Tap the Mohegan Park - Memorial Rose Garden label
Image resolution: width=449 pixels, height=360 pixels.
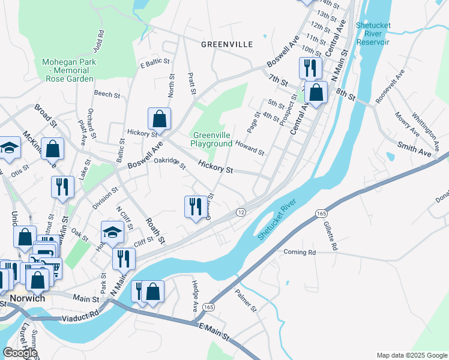[x=68, y=70]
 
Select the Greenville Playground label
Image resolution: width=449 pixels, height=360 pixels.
[x=211, y=140]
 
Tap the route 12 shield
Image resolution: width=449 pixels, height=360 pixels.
[x=241, y=212]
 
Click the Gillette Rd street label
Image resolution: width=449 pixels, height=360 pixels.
[x=330, y=235]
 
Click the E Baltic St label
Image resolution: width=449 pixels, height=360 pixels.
[x=155, y=64]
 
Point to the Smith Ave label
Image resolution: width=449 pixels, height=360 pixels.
[x=415, y=150]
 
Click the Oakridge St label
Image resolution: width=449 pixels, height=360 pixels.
[x=170, y=163]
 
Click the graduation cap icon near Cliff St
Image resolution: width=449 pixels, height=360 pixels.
[x=112, y=231]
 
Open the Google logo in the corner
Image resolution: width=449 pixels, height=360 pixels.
[x=20, y=353]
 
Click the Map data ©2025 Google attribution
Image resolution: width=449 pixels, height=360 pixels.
[x=411, y=355]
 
